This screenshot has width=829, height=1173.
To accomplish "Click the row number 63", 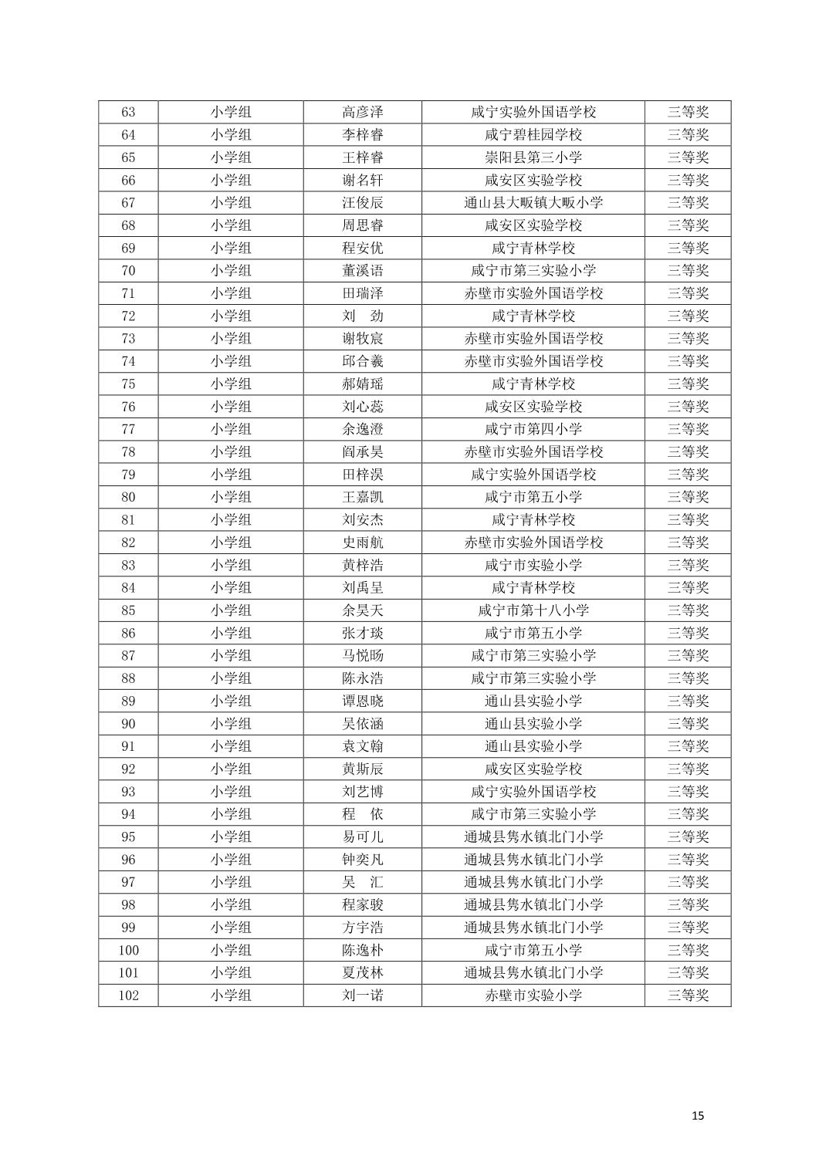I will (x=128, y=112).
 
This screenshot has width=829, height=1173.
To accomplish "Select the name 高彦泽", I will (x=362, y=112).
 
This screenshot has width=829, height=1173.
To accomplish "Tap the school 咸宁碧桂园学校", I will (x=533, y=134).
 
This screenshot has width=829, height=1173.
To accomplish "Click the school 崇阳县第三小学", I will (x=533, y=157).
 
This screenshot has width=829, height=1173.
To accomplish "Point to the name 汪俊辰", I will (x=362, y=202).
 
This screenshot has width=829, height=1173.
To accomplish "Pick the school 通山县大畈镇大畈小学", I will (x=533, y=202).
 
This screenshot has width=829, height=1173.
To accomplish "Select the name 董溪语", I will (x=362, y=270).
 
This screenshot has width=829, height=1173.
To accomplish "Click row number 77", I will (x=128, y=429).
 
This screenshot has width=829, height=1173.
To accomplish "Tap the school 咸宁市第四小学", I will (x=533, y=429).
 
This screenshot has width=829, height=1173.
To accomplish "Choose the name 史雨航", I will (x=362, y=543).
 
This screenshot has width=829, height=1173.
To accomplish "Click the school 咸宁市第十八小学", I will (x=533, y=610).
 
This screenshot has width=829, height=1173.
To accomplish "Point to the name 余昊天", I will (x=362, y=610).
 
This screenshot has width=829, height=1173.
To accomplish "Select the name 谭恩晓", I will (x=362, y=701).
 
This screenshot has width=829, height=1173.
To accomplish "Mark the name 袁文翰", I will (x=362, y=746).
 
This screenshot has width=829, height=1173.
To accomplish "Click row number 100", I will (x=128, y=950).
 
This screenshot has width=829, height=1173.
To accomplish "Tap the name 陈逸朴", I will (x=362, y=950).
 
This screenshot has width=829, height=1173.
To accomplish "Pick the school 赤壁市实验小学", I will (x=533, y=996).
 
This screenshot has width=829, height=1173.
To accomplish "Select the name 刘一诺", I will (x=362, y=996).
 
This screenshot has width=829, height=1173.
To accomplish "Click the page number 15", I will (x=698, y=1115).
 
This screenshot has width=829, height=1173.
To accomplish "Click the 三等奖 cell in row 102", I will (x=687, y=996).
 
